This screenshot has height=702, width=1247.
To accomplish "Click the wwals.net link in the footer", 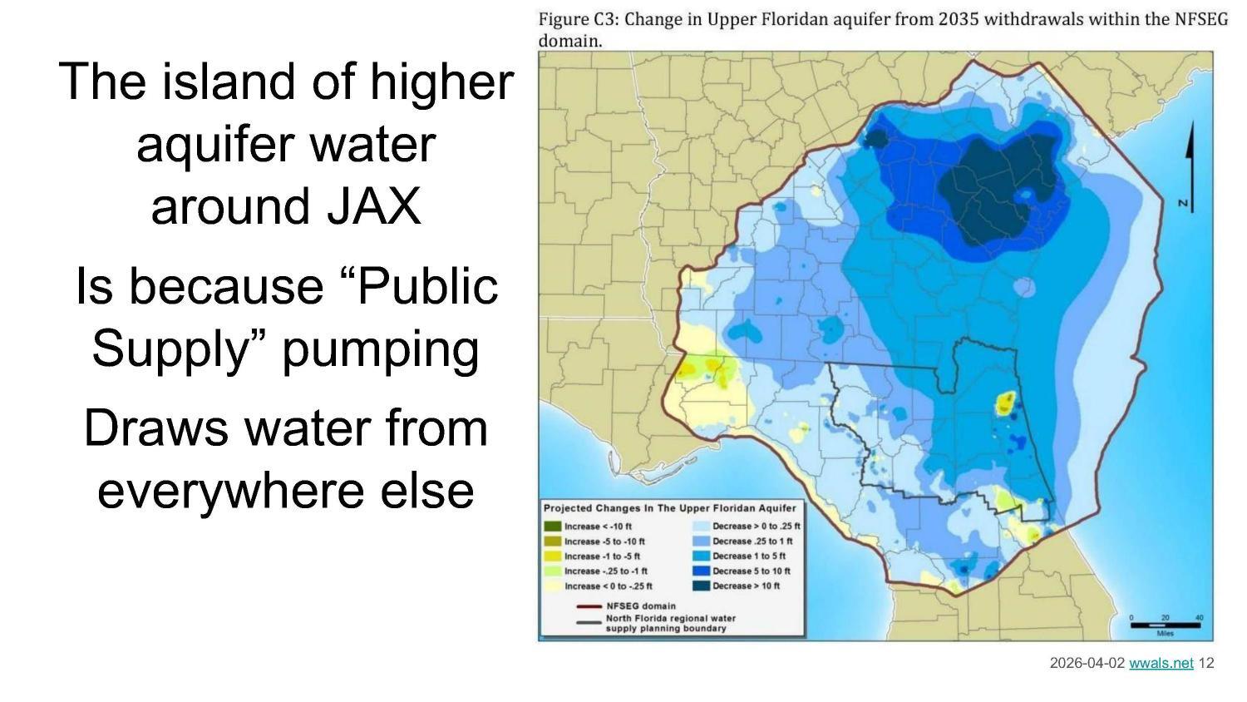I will point(1161,663).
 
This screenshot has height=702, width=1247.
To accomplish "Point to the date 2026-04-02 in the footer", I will point(1087,663).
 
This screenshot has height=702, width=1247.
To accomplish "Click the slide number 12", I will point(1206,663).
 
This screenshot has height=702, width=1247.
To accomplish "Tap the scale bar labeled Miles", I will point(1165,625).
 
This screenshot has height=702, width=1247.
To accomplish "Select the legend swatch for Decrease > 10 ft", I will point(700,586).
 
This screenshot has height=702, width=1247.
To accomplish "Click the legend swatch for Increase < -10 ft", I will point(552,526).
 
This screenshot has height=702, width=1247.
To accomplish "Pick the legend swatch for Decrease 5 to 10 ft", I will point(700,571).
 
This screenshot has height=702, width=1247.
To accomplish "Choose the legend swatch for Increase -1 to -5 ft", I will point(552,556).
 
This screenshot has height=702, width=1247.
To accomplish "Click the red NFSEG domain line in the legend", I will point(589,606).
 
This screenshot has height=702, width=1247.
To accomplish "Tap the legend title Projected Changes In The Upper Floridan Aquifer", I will point(669,508).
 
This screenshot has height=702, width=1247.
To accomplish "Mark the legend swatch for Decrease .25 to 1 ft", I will point(700,541).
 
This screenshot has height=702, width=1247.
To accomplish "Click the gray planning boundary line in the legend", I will point(589,622).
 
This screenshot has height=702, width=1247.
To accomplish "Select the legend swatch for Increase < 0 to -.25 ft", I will point(552,586).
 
